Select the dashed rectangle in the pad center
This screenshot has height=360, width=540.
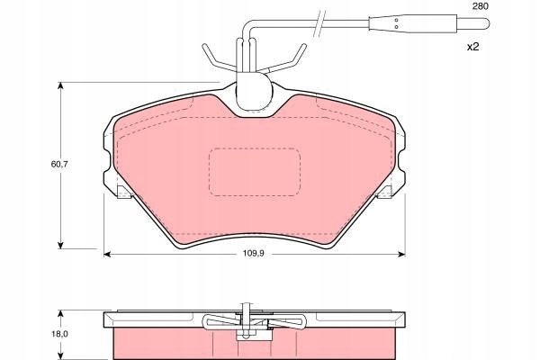254,171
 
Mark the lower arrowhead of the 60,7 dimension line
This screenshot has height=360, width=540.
61,244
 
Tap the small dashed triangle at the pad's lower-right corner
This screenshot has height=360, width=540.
384,191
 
